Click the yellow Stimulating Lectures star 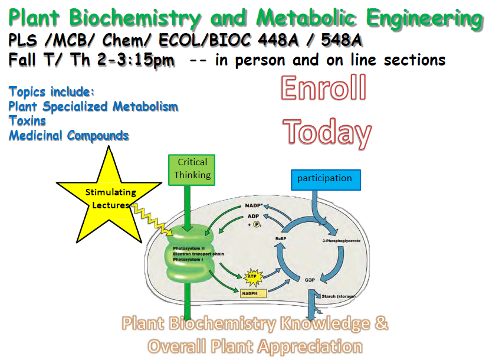tap(109, 199)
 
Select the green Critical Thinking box tap(192, 170)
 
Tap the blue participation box tap(326, 180)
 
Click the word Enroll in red tap(323, 88)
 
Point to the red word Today tap(327, 132)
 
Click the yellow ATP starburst tap(252, 277)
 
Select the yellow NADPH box tap(253, 293)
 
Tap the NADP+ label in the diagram tap(254, 205)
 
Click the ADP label tap(253, 216)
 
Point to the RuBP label tap(281, 238)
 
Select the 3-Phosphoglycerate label tap(341, 241)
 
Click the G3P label tap(310, 280)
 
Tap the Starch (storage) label tap(339, 296)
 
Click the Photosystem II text tap(189, 248)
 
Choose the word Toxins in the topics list tap(28, 121)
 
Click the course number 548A tap(342, 40)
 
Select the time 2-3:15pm tap(136, 60)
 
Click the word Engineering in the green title tap(425, 18)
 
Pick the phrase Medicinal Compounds tap(68, 136)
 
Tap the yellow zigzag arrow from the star tap(152, 219)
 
